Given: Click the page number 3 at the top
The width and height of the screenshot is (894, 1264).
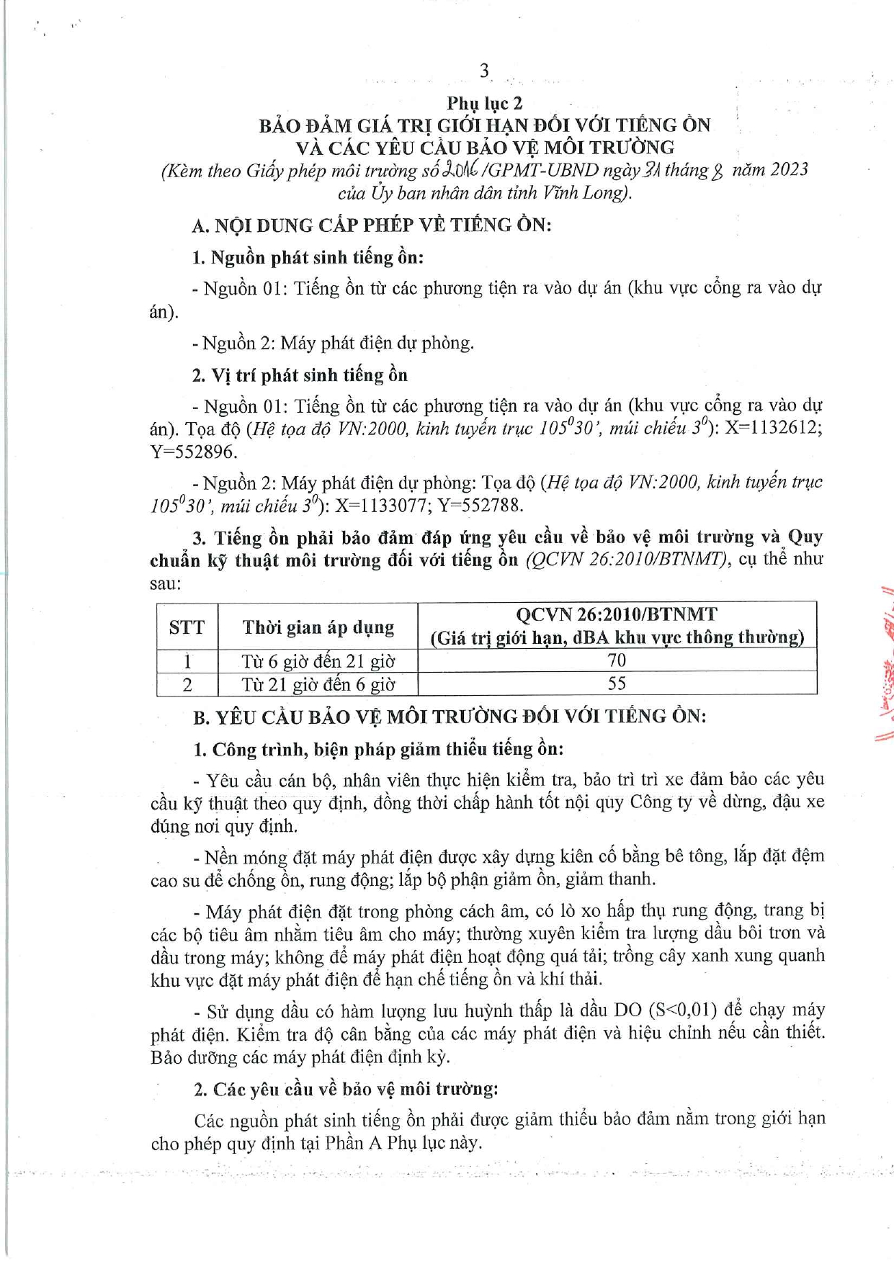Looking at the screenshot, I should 484,71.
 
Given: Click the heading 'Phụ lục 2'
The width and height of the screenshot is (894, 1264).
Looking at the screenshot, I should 484,103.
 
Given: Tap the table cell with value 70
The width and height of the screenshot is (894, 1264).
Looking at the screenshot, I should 617,660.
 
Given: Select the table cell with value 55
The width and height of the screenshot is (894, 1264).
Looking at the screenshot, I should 617,683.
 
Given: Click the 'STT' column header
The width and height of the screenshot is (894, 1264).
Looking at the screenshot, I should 187,627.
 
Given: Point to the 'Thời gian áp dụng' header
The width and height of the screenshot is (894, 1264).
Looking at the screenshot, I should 318,627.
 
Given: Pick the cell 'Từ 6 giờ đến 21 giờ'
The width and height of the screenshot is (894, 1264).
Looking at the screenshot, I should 318,661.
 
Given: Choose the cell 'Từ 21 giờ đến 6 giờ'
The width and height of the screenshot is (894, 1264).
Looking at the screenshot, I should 318,684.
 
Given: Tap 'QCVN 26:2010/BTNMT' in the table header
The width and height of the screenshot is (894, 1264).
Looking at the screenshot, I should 617,614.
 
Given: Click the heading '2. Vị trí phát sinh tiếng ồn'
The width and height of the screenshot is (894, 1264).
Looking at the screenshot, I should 300,375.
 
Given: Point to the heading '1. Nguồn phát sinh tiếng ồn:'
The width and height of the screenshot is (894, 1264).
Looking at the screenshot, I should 308,257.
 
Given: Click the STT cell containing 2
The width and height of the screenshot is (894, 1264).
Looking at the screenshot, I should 187,684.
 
